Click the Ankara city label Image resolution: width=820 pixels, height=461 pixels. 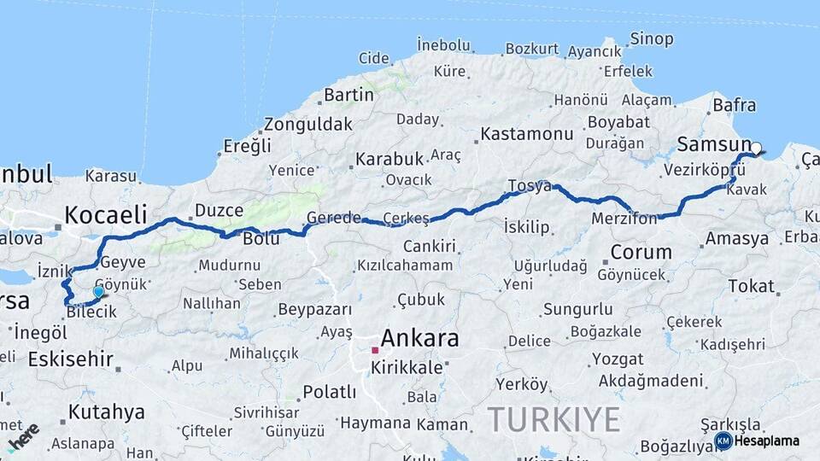(419, 337)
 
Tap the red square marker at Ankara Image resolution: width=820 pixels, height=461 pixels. (375, 350)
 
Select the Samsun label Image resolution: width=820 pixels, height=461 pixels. (712, 143)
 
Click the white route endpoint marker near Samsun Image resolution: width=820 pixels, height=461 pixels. (756, 148)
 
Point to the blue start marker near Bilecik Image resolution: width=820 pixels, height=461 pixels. (98, 292)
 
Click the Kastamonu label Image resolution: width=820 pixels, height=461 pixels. (526, 134)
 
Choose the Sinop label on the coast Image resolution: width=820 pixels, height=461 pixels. (651, 39)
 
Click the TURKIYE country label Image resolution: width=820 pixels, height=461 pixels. (553, 420)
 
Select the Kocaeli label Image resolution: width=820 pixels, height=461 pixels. (106, 213)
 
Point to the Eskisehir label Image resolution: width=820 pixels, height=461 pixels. (70, 359)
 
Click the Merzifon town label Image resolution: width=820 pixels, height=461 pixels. (624, 219)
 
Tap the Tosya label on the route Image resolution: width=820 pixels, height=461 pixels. (530, 186)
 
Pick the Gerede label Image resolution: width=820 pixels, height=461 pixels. (334, 218)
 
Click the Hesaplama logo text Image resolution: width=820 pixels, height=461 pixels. (767, 441)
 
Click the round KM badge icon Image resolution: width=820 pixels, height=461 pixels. (723, 441)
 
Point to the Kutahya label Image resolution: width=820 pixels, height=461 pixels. (106, 412)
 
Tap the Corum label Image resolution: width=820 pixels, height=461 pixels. (641, 253)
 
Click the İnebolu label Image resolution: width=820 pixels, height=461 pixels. (443, 44)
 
